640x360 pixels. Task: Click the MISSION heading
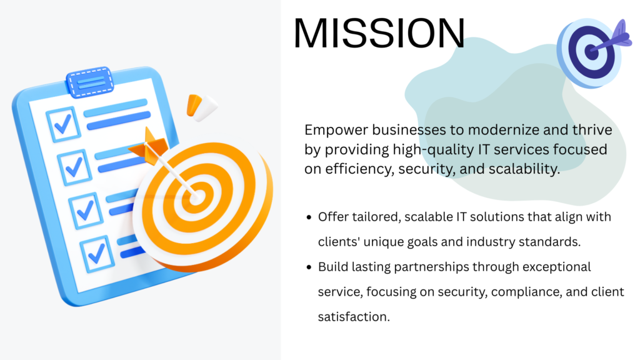click(x=379, y=32)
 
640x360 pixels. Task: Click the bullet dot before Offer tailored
click(x=309, y=217)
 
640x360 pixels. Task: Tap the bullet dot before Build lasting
click(x=309, y=267)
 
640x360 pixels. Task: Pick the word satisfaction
click(x=354, y=317)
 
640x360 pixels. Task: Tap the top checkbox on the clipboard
click(x=63, y=124)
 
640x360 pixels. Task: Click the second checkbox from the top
click(x=74, y=167)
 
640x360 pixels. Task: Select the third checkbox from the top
click(x=86, y=210)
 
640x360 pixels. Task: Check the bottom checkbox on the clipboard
click(x=97, y=254)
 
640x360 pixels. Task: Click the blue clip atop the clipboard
click(x=90, y=82)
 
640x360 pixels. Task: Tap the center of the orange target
click(x=197, y=197)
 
